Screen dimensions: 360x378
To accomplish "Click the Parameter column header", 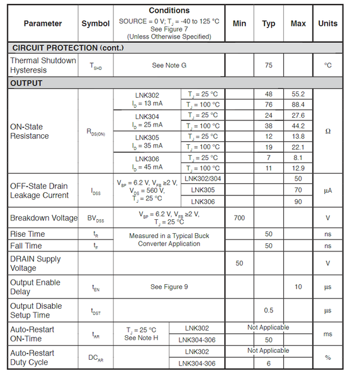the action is point(43,23).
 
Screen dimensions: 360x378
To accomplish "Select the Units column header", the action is point(327,23).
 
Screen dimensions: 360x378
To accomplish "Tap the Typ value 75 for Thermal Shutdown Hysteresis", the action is point(269,66).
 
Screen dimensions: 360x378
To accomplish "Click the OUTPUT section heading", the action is point(26,83).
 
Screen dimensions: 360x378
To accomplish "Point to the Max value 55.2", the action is point(298,94).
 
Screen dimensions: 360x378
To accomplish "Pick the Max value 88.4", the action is point(298,105).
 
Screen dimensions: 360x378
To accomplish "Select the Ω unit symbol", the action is point(327,132).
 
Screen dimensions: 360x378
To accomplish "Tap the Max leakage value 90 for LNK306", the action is point(298,202).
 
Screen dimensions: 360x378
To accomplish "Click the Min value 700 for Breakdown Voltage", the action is point(239,218).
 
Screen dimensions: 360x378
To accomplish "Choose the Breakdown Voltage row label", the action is point(43,218).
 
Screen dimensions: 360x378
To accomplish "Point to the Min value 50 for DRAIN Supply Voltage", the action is point(239,263).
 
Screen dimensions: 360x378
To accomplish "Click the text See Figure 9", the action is point(169,287).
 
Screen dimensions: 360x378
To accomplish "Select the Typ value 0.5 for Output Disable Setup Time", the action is point(269,311).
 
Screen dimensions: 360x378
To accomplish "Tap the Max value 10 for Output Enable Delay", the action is point(298,287).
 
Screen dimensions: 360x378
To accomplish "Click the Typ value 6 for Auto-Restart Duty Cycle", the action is point(269,363).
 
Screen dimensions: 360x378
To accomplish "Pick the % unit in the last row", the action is point(327,357).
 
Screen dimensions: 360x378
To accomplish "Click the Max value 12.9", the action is point(298,168).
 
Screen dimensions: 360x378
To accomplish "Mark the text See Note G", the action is point(169,66).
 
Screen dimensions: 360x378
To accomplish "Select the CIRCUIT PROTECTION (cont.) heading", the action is point(64,48).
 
